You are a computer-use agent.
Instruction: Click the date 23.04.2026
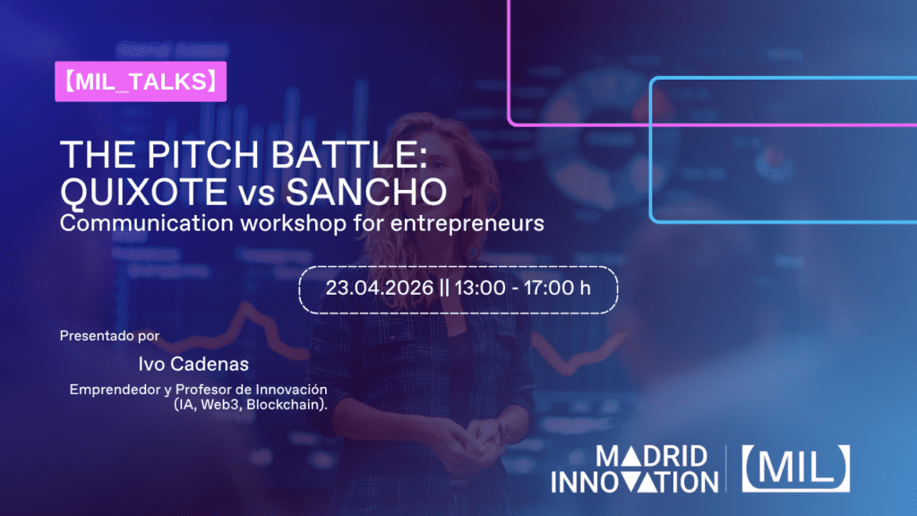coord(377,289)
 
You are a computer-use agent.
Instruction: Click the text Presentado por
coord(109,336)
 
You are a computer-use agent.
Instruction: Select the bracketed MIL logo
coord(795,468)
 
